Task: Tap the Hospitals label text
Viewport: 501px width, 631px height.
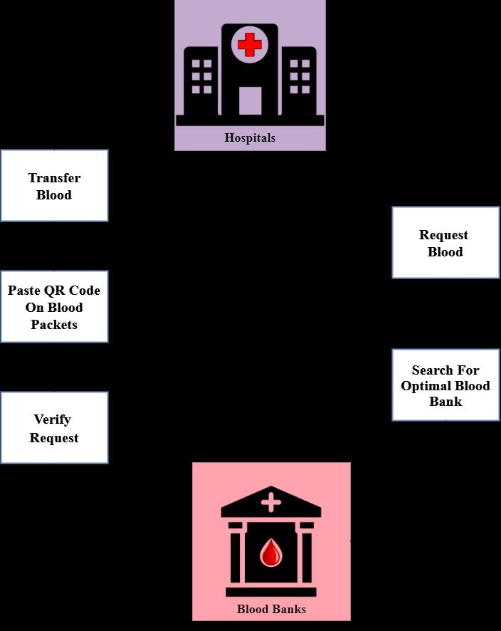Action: [x=250, y=137]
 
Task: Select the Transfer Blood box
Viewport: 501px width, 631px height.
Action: [x=54, y=186]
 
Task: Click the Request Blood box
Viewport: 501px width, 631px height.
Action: [x=445, y=243]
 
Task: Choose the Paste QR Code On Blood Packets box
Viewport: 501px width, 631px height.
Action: [x=54, y=307]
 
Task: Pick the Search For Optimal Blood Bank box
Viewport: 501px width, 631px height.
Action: [x=445, y=385]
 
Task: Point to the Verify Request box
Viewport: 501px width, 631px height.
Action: [x=54, y=428]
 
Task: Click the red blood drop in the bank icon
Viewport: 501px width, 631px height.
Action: [x=270, y=553]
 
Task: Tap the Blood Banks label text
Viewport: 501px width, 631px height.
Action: [x=271, y=609]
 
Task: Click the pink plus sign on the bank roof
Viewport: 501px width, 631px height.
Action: [x=270, y=503]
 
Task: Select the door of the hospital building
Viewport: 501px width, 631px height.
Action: [x=250, y=100]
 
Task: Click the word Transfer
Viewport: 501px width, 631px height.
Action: [x=54, y=177]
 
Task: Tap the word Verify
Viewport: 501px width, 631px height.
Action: [x=52, y=419]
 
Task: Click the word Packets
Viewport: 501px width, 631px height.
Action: [x=54, y=324]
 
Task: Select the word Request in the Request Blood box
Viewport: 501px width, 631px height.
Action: [x=443, y=235]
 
